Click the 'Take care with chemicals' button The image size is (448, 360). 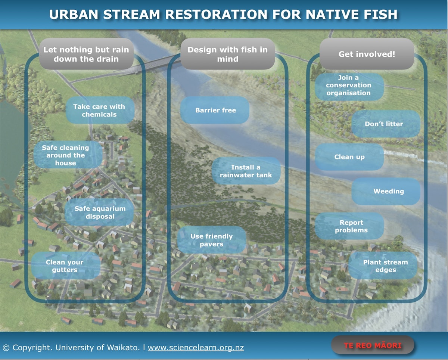[x=99, y=111]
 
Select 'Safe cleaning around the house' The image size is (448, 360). [x=66, y=155]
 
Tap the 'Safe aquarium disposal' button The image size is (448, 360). [x=100, y=212]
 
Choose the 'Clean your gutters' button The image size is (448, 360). [x=65, y=266]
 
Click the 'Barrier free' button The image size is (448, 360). [x=215, y=110]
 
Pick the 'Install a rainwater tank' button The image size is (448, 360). [x=246, y=171]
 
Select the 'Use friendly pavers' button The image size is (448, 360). [x=211, y=240]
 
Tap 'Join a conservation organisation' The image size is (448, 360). [x=349, y=86]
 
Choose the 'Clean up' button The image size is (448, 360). [x=349, y=157]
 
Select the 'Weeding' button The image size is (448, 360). [x=388, y=191]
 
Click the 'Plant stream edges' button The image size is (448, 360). [x=385, y=266]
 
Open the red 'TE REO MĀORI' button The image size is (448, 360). [x=373, y=345]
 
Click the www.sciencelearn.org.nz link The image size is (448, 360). [x=196, y=348]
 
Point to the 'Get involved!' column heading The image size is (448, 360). [x=367, y=54]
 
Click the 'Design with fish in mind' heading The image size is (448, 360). [x=227, y=54]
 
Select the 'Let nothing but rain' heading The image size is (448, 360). [x=86, y=54]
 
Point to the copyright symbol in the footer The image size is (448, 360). [x=6, y=348]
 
